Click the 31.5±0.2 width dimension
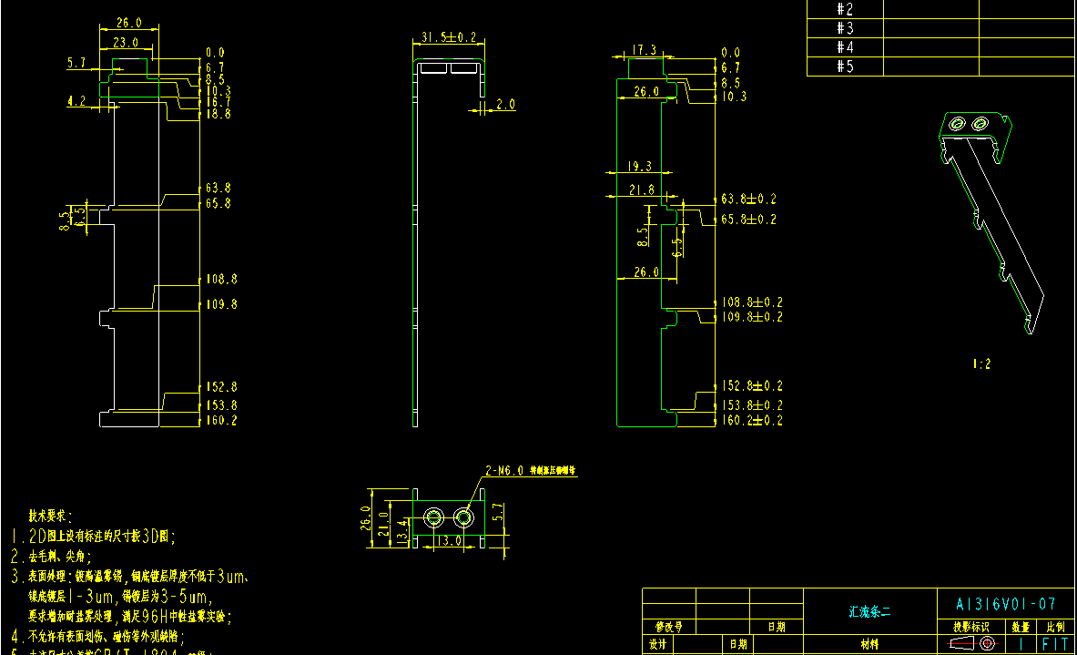449,37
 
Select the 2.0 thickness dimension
505,105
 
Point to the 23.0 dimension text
126,42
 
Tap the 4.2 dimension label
76,102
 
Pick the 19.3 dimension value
641,167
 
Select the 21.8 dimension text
641,189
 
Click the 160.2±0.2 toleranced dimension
752,420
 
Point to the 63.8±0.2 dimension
749,199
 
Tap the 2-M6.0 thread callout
504,471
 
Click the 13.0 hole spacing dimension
450,539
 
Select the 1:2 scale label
981,363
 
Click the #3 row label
845,28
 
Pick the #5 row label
845,67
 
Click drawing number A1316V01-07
1006,604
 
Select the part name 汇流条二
870,612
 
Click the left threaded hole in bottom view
434,518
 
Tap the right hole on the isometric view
980,123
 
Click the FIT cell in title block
1056,643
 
